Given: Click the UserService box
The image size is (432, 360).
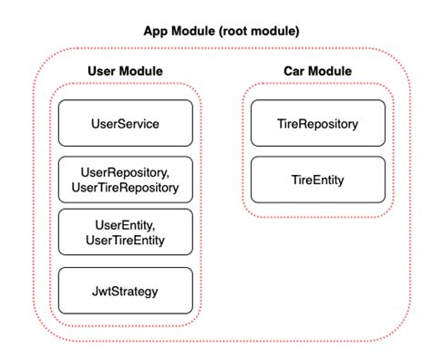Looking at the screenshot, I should click(x=126, y=123).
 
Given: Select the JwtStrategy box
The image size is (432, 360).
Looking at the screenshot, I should click(x=126, y=290).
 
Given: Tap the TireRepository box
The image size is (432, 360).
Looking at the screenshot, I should click(x=316, y=123).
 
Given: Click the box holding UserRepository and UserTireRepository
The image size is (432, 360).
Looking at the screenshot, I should click(x=126, y=180).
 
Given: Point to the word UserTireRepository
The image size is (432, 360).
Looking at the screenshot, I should click(x=126, y=189).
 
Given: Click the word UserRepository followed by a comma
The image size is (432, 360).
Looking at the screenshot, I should click(x=126, y=172).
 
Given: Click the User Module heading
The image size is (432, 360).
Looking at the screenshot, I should click(x=125, y=70).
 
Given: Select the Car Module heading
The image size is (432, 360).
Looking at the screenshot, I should click(x=317, y=70).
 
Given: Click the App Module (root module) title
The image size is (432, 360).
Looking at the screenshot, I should click(x=221, y=30).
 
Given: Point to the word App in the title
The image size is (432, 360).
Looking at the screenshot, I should click(x=156, y=30).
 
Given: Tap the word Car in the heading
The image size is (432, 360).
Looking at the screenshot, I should click(x=294, y=70).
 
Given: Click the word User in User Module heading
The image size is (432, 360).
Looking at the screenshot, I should click(x=102, y=70).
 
